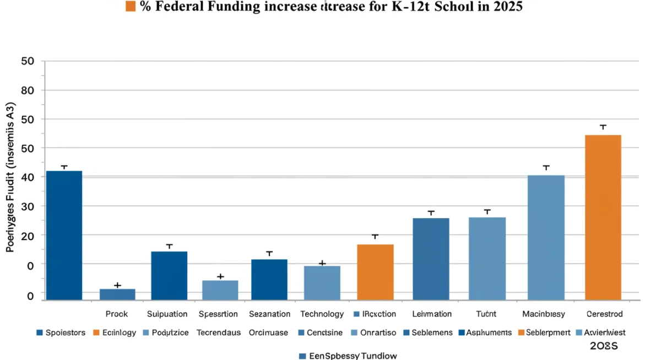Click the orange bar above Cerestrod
(x=603, y=217)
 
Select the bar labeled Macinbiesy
(x=546, y=237)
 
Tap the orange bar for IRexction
(x=375, y=272)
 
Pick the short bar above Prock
(x=117, y=294)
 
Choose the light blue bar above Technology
(x=322, y=282)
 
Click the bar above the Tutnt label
(x=487, y=258)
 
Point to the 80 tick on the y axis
(x=28, y=90)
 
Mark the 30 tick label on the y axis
(x=28, y=206)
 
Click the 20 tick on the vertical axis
(x=28, y=236)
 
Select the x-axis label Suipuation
(x=168, y=314)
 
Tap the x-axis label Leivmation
(x=432, y=314)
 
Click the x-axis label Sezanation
(x=269, y=314)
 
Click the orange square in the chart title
(x=131, y=7)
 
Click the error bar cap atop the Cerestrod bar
(x=603, y=126)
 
